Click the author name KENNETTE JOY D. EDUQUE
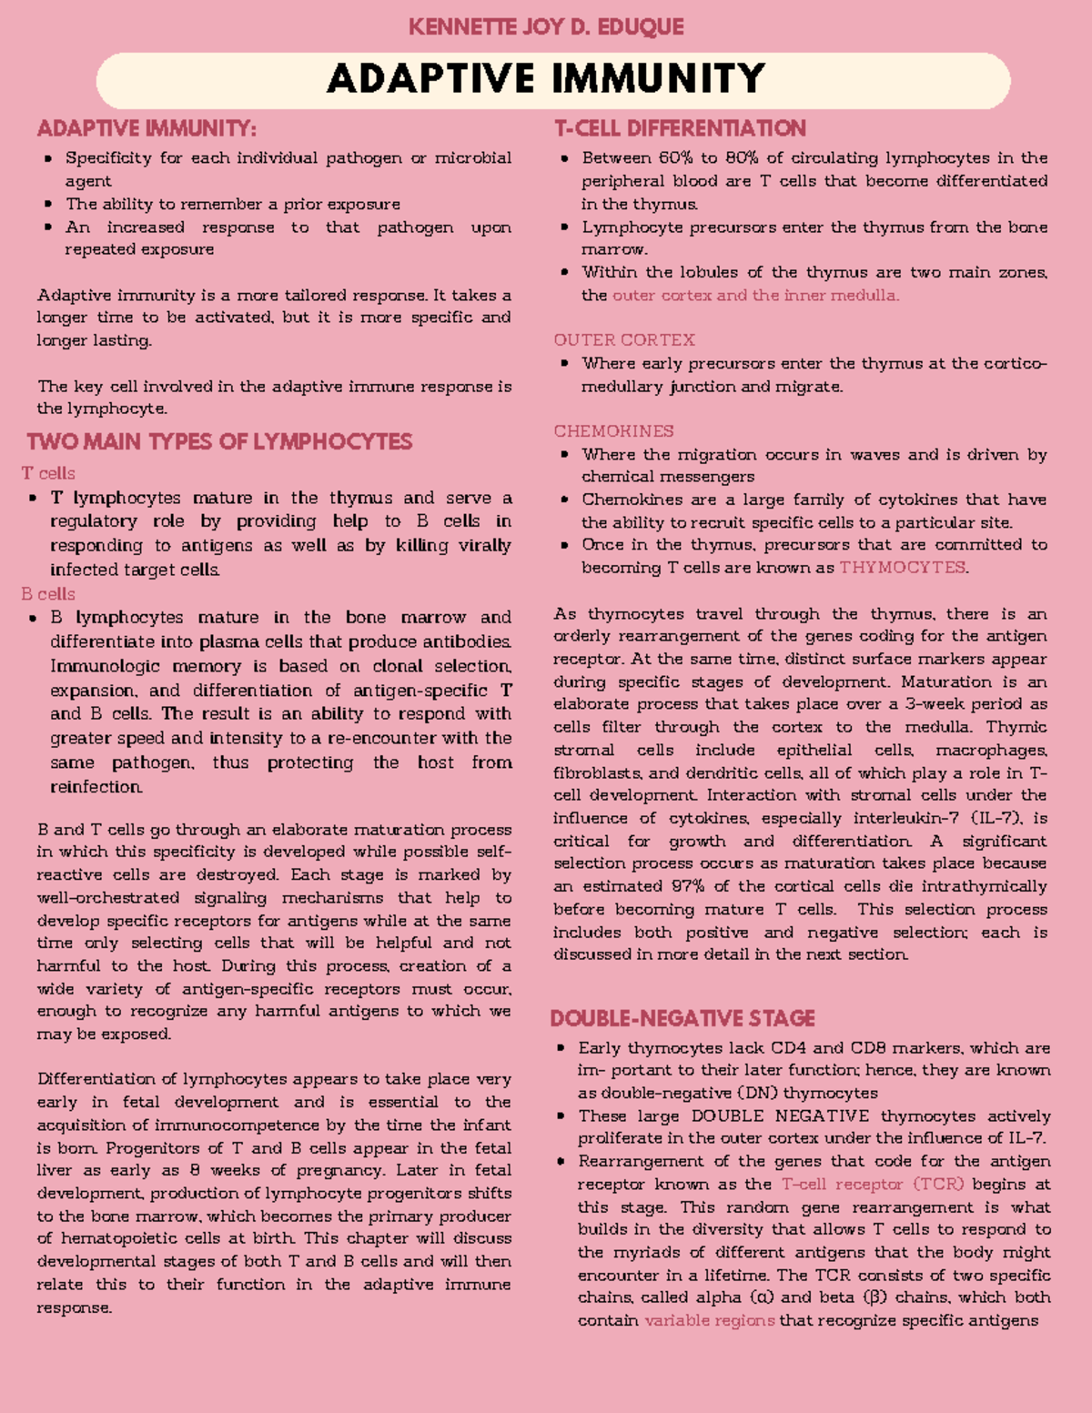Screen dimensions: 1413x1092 [546, 27]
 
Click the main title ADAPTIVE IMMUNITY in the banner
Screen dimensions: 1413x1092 [546, 79]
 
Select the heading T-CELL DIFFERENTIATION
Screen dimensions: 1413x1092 [680, 128]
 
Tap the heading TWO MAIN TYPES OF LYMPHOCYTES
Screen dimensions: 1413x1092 [219, 442]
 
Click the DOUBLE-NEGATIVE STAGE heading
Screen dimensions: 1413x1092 [682, 1018]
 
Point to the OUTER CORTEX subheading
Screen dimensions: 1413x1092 [624, 340]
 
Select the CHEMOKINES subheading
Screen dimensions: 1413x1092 [613, 431]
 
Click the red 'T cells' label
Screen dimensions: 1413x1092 [48, 473]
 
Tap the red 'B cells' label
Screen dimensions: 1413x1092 [48, 594]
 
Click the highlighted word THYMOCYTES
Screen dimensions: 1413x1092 [902, 568]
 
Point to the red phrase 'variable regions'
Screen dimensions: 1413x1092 [710, 1320]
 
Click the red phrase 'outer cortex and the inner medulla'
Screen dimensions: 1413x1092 [755, 296]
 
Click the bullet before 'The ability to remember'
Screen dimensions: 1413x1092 [48, 205]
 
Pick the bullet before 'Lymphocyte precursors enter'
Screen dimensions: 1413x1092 [565, 227]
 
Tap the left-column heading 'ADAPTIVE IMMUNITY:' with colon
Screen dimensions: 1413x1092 [147, 128]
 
